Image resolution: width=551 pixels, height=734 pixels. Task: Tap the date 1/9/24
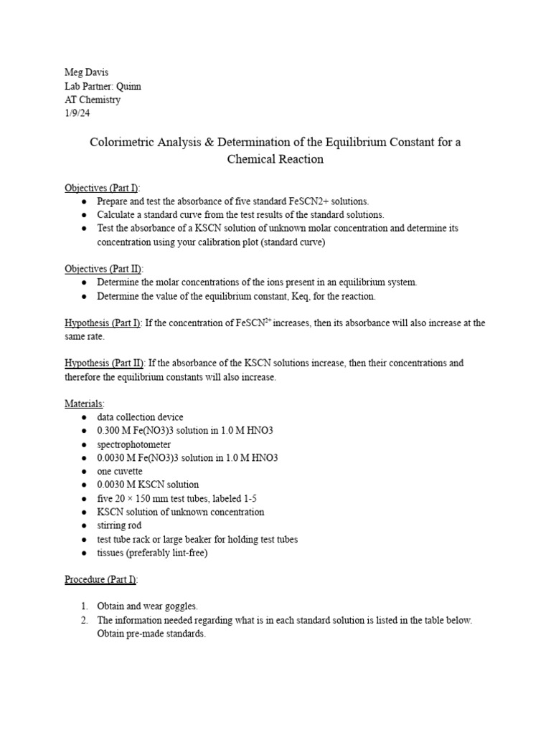point(77,113)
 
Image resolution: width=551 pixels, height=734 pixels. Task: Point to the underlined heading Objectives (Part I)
point(103,187)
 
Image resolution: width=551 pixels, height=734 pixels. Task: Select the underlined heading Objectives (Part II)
point(104,269)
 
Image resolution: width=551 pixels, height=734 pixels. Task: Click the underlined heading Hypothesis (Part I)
point(103,323)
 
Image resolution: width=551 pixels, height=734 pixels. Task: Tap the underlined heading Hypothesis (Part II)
point(104,363)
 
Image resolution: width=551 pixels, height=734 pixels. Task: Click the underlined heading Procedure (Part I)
point(101,579)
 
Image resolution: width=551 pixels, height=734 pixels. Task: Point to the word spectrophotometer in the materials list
point(134,444)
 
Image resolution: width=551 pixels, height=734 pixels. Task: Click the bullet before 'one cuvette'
point(85,472)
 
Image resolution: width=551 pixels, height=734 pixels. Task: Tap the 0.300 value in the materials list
point(109,431)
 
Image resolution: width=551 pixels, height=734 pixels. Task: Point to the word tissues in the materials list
point(111,553)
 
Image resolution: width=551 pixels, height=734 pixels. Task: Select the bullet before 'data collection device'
point(85,417)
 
